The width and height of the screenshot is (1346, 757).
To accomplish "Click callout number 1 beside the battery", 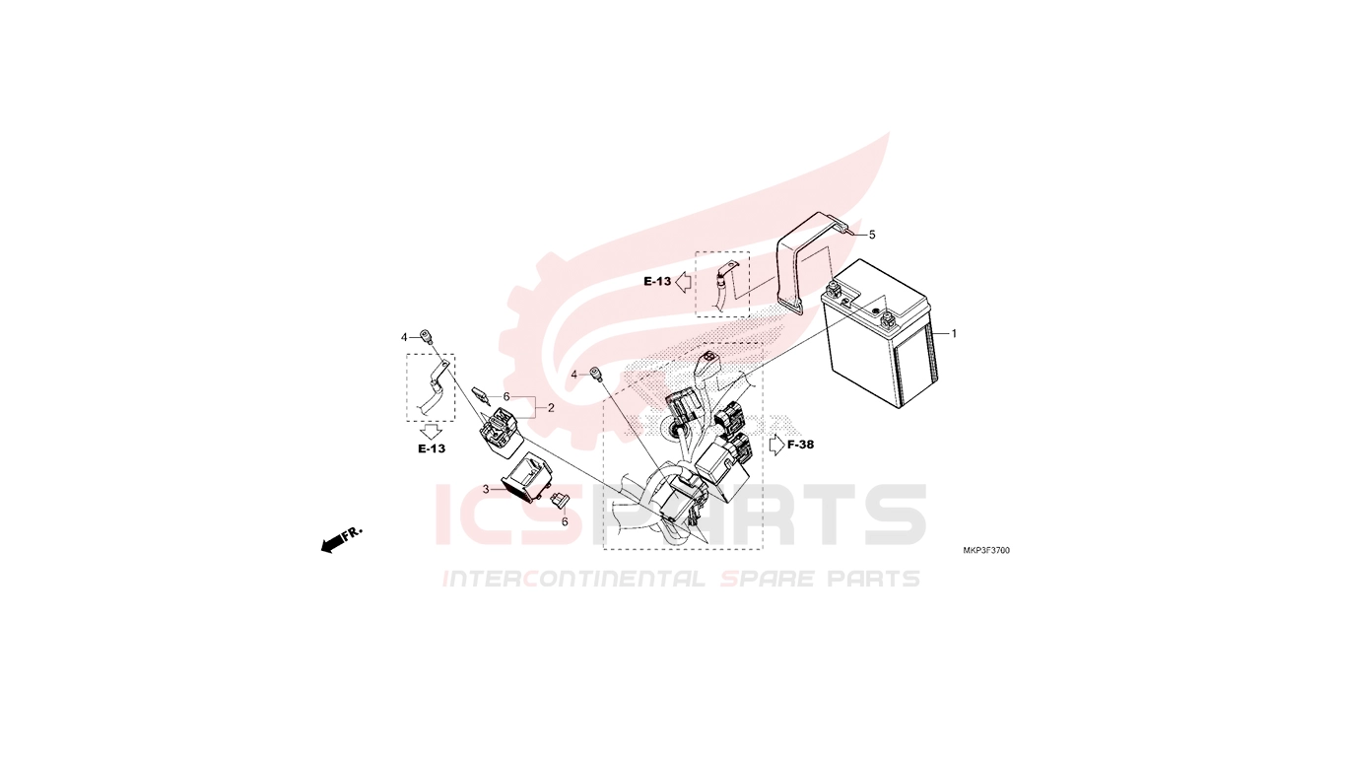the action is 954,334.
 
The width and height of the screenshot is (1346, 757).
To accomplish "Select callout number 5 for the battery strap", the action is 872,236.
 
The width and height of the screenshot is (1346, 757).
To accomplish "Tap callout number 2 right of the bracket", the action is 551,408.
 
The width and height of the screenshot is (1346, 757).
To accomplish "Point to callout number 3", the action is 486,490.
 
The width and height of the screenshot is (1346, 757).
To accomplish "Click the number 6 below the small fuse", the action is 565,521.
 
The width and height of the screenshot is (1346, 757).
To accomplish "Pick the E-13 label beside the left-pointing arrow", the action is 657,281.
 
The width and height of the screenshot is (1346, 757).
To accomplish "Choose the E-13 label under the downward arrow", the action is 432,448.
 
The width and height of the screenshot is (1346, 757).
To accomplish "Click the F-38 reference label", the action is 800,445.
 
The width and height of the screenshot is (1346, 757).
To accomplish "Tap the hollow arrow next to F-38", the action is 776,445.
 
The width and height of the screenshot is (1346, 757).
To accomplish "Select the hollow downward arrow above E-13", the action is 431,431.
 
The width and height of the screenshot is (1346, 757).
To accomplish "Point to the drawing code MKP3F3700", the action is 986,550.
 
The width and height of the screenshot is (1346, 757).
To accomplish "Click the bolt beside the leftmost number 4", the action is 426,336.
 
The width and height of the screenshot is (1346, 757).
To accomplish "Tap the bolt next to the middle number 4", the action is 596,374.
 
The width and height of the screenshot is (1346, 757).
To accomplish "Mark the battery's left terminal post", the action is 833,291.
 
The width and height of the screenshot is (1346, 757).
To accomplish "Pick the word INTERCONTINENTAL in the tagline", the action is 573,579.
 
